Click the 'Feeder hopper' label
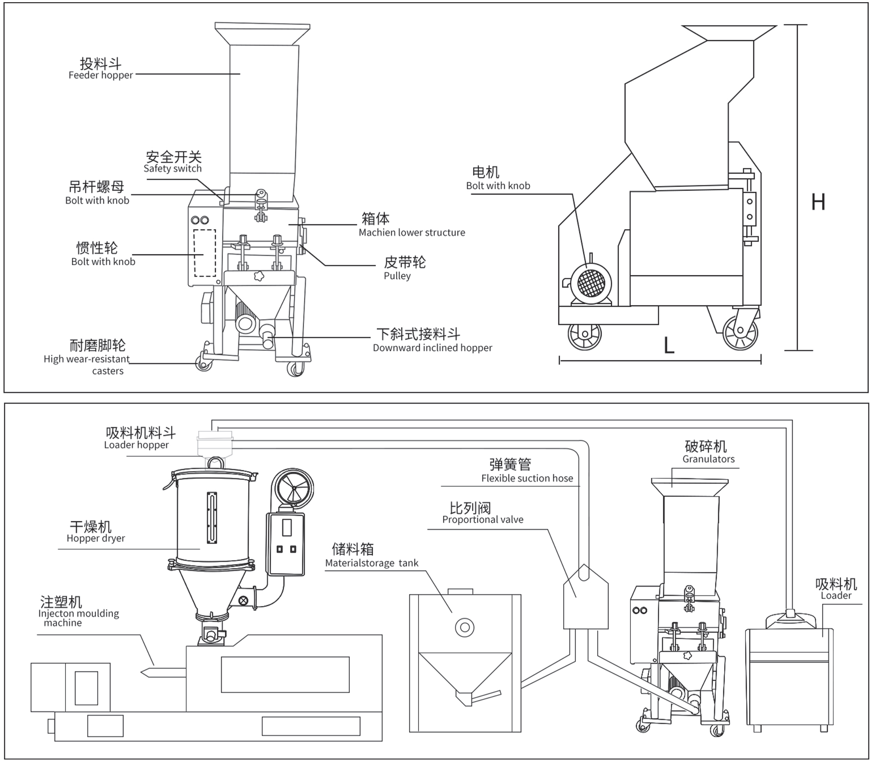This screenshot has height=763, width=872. point(101,75)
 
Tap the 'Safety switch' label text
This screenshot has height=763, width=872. point(173,168)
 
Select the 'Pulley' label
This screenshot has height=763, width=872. point(397,276)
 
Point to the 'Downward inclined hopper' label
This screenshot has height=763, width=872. point(432,348)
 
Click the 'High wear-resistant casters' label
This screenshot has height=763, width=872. point(87,365)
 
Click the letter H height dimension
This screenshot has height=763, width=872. point(818,202)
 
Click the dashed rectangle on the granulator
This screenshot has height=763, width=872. point(205,253)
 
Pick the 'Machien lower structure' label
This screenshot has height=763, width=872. point(412,233)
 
